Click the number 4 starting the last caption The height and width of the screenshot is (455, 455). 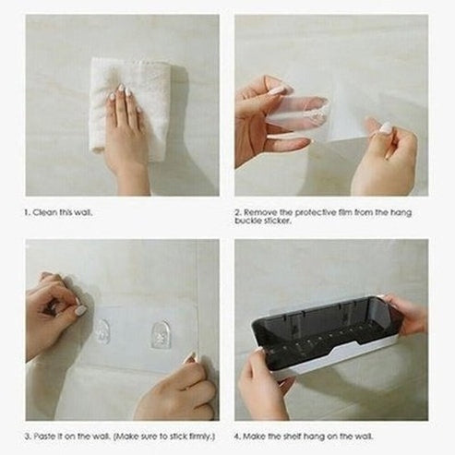(x=237, y=436)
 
